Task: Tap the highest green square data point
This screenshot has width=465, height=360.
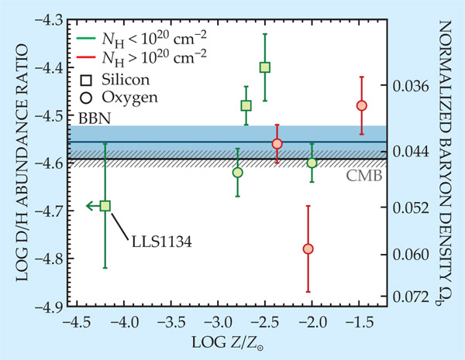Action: tap(265, 67)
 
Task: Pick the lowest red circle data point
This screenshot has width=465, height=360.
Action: tap(308, 249)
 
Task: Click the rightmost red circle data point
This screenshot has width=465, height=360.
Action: tap(361, 105)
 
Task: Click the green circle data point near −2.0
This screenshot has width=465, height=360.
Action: tap(312, 163)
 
